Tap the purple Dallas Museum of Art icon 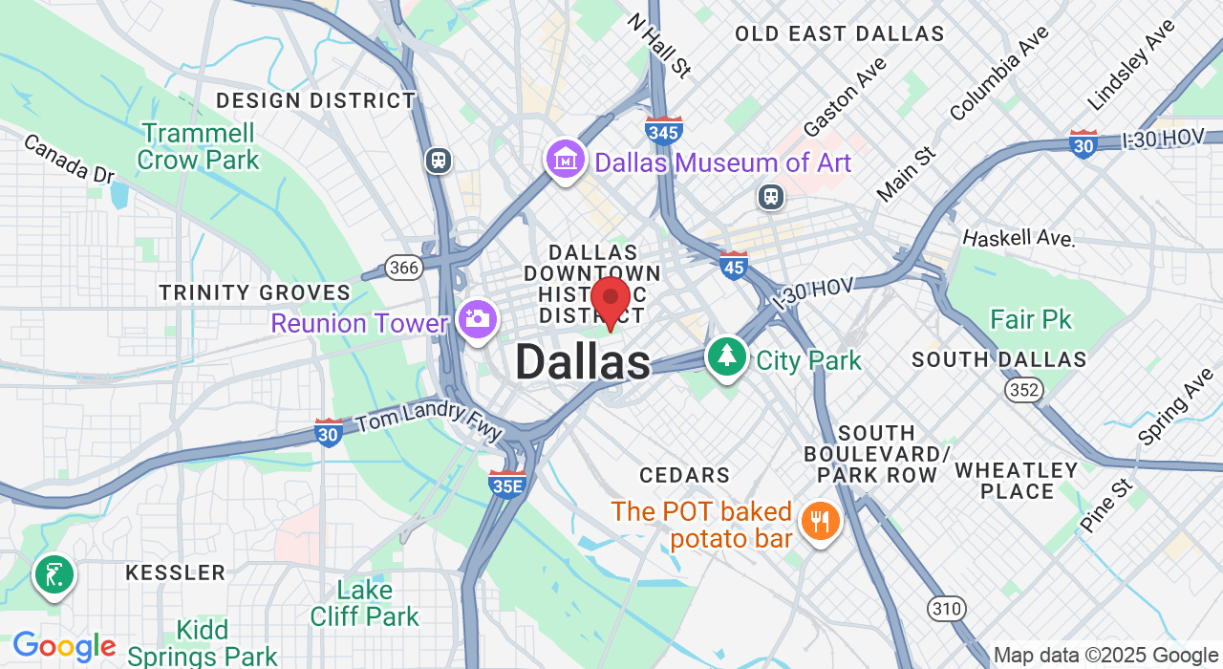[566, 161]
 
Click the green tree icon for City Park [727, 356]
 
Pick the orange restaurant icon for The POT [819, 522]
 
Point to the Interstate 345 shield [663, 130]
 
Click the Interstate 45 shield [734, 265]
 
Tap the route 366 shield [403, 268]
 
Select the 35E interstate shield [506, 484]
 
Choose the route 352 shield [1022, 389]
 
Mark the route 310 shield [946, 607]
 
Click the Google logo [64, 648]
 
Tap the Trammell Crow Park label [198, 146]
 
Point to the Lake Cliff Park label [365, 603]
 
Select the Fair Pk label [1031, 319]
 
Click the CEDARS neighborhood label [684, 475]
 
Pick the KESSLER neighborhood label [176, 573]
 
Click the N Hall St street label [658, 44]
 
